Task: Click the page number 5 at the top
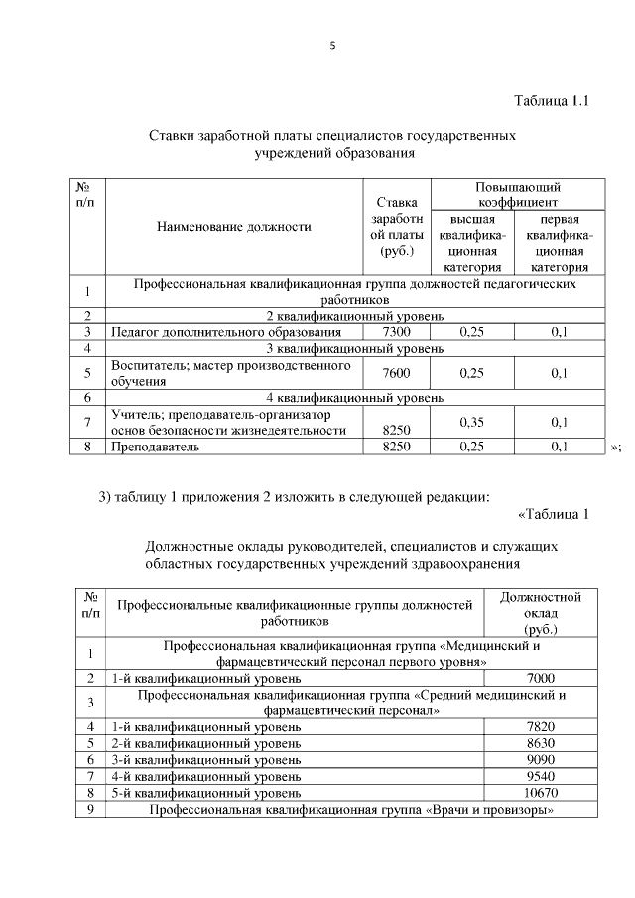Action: click(333, 43)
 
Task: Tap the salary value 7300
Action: click(396, 332)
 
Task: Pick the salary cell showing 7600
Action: click(396, 373)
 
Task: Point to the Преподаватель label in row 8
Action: click(156, 447)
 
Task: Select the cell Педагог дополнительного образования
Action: click(227, 332)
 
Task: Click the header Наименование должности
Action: click(233, 226)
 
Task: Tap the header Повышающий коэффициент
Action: click(517, 193)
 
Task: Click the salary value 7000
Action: click(541, 678)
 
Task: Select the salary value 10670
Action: click(541, 793)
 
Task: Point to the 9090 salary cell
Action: click(541, 759)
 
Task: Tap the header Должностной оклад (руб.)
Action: click(541, 613)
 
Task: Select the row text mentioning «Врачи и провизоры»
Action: click(350, 810)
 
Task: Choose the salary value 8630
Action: click(541, 742)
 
